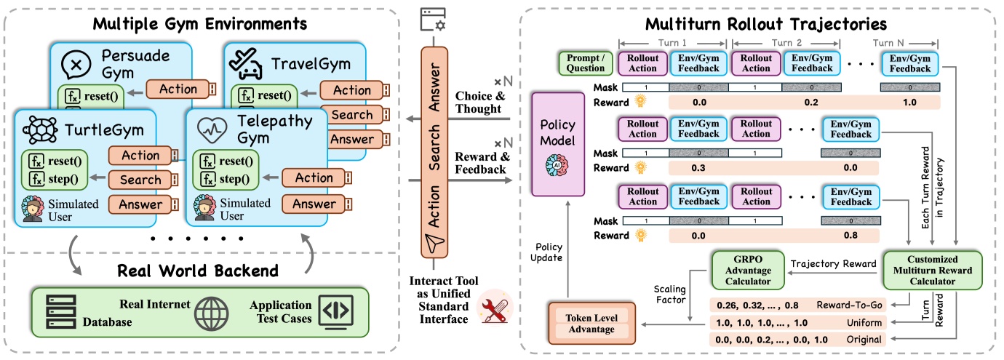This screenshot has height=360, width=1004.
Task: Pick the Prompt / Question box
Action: [584, 63]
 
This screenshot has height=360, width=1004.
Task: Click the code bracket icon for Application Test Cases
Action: [335, 312]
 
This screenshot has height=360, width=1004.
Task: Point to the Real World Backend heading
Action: [201, 271]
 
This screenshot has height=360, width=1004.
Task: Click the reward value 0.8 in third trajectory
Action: [848, 235]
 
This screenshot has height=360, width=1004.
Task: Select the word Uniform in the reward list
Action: [866, 322]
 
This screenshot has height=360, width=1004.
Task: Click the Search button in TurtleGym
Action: [141, 180]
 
